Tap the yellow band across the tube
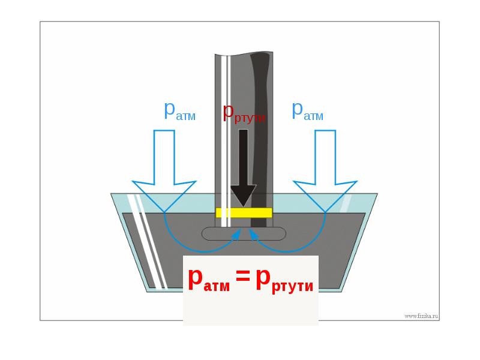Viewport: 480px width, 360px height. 244,213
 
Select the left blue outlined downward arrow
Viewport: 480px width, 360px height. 164,171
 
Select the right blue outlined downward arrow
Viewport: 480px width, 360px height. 325,171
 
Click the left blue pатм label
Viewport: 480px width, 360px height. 179,111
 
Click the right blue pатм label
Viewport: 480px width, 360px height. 307,111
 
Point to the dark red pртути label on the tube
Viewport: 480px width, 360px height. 244,113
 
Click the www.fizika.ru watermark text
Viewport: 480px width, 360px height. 421,316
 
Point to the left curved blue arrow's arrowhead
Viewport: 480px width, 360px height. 236,235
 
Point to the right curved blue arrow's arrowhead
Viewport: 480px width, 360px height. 253,235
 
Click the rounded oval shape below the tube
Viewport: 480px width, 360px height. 244,233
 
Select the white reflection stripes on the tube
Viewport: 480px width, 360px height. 226,141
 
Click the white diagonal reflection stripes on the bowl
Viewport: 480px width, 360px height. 148,242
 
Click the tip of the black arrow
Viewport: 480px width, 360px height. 244,207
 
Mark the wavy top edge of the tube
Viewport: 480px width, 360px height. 244,53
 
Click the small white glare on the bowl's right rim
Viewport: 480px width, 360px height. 346,203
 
